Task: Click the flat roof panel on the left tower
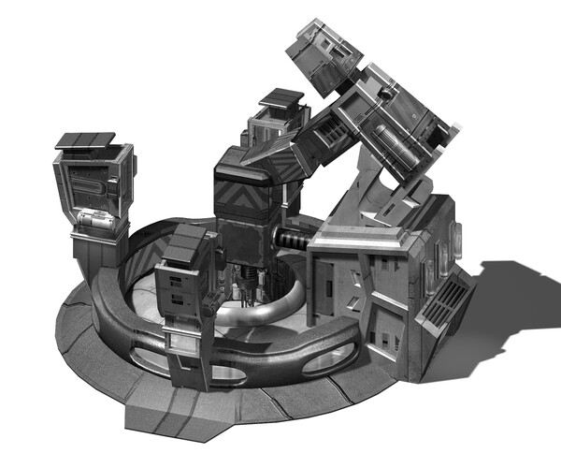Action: click(x=85, y=140)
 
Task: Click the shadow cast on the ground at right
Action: click(x=505, y=309)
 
